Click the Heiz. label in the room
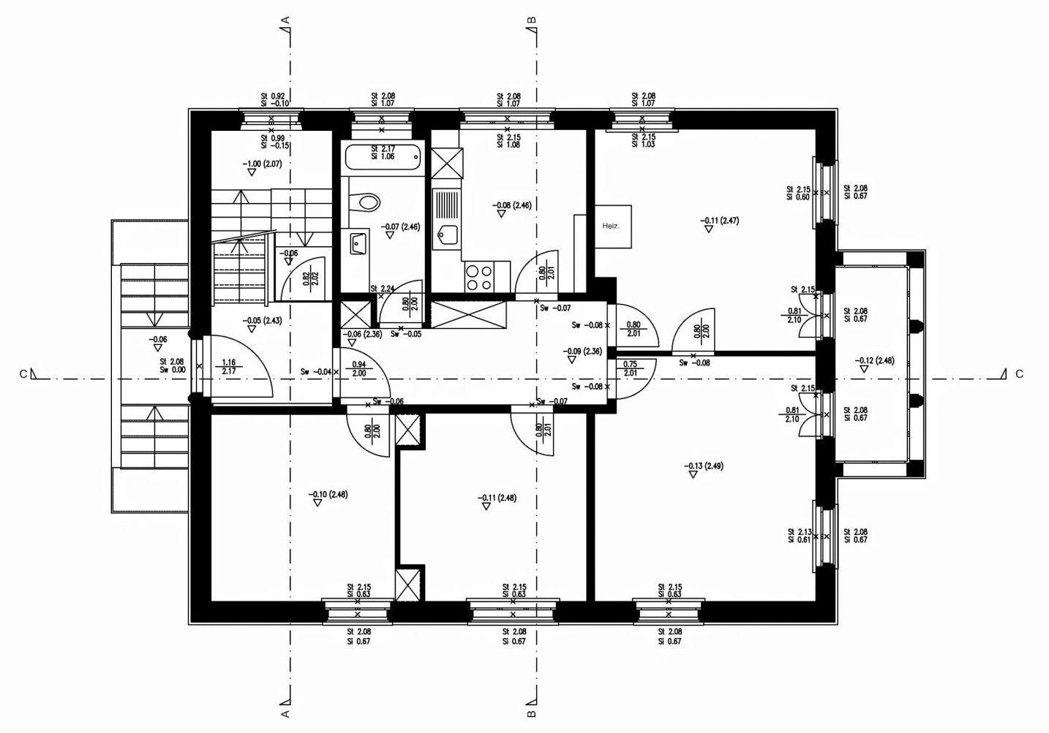pos(611,227)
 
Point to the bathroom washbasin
pos(358,243)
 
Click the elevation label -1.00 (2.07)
pos(262,164)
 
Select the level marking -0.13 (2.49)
pos(704,466)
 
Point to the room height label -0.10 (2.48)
pos(328,495)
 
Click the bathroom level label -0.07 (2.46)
pos(400,227)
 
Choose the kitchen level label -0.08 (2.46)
pos(511,205)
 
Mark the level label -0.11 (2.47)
pos(719,220)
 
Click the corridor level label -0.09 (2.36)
pos(582,352)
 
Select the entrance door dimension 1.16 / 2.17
pos(229,367)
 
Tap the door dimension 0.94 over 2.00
pos(359,368)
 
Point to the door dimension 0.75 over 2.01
pos(631,368)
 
